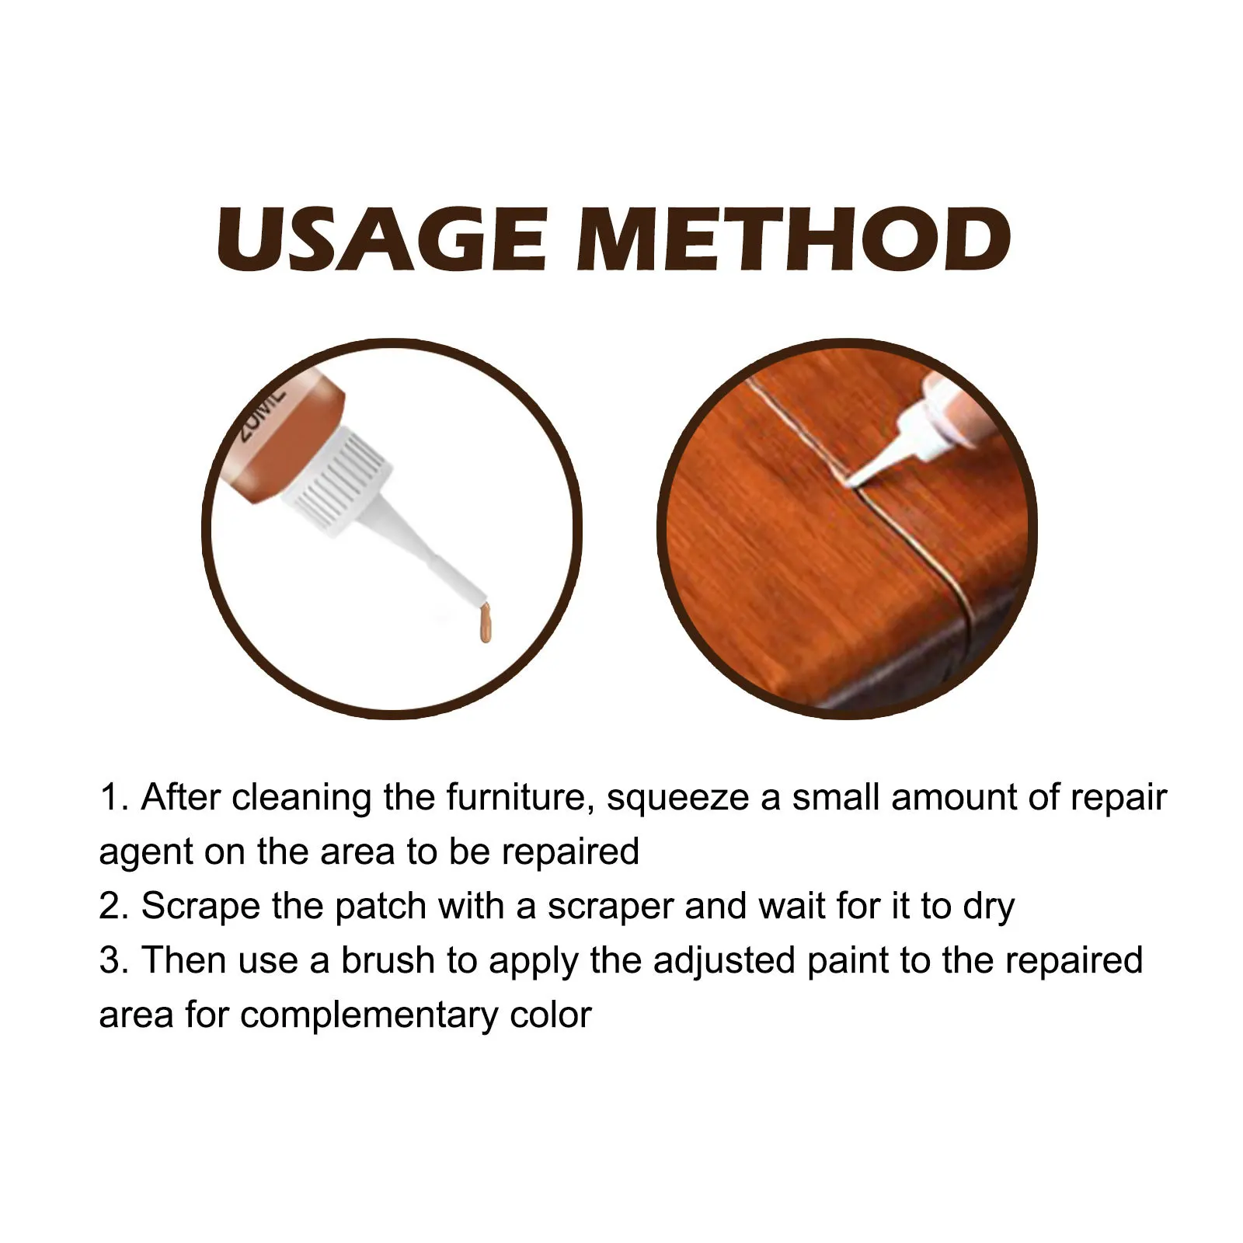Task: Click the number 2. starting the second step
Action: pyautogui.click(x=113, y=907)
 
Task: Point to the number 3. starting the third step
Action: pyautogui.click(x=113, y=961)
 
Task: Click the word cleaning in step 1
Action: pyautogui.click(x=301, y=798)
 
